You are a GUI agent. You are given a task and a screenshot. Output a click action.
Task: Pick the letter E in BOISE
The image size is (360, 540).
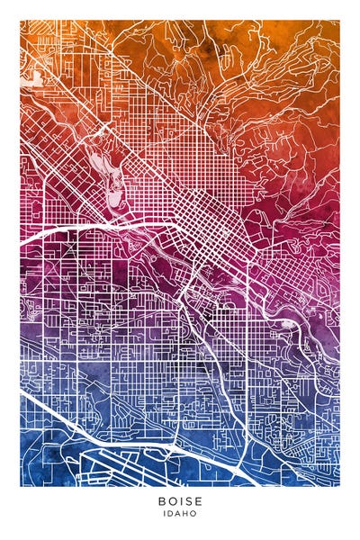tap(200, 501)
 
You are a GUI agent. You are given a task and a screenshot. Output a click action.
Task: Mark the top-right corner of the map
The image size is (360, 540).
tap(340, 20)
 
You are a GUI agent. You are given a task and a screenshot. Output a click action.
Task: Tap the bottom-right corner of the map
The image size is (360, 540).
tap(340, 486)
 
